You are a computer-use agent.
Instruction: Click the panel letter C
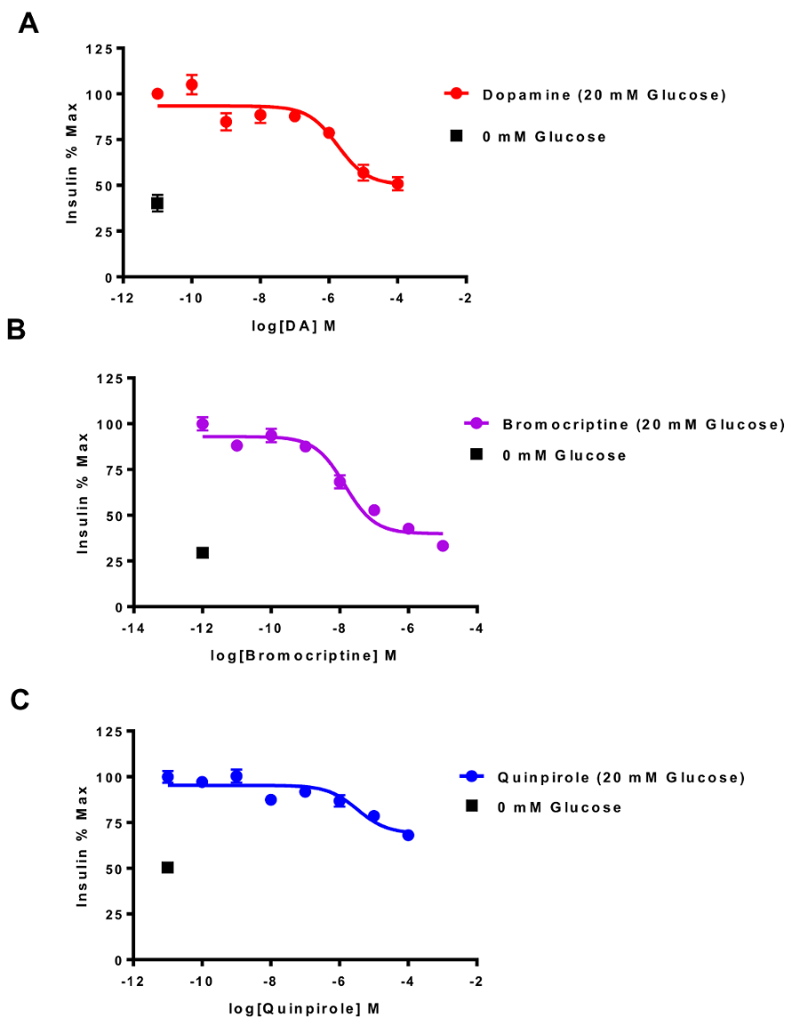20,701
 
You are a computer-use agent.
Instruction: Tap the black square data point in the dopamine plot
157,204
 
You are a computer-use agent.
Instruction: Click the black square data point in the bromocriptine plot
203,553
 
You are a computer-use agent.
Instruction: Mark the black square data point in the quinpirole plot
167,868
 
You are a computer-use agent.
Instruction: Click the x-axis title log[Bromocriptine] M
302,654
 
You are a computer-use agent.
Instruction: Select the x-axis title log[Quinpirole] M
302,1008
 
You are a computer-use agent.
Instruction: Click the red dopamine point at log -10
191,85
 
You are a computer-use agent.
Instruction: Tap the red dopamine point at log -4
397,184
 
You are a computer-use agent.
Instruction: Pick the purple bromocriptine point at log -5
443,546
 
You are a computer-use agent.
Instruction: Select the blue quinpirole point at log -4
408,835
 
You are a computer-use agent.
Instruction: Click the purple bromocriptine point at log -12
203,424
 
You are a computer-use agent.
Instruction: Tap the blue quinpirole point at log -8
271,800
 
